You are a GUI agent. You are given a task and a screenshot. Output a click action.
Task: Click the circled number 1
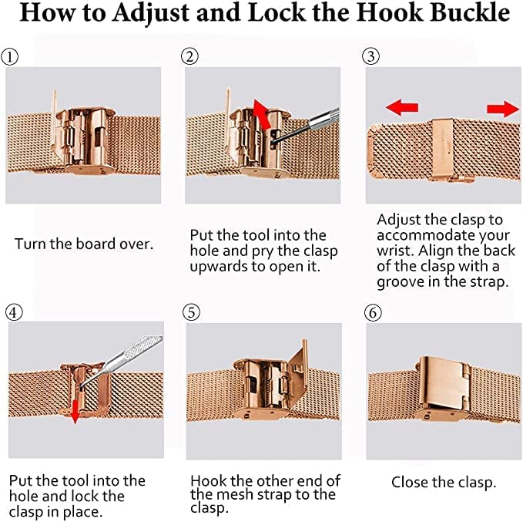(x=10, y=57)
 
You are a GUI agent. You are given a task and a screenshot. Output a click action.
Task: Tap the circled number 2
(x=189, y=56)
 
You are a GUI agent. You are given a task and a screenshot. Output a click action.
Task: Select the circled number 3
(x=371, y=56)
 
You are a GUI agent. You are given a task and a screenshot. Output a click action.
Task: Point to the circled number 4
(x=14, y=312)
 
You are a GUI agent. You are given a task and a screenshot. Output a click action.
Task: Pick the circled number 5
(x=192, y=312)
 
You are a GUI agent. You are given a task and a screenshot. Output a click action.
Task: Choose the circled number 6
(x=373, y=312)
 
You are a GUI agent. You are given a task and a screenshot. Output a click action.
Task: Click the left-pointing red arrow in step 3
(x=401, y=107)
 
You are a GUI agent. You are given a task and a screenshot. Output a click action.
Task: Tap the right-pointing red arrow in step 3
(x=503, y=109)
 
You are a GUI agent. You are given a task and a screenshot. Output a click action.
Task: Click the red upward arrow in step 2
(x=262, y=114)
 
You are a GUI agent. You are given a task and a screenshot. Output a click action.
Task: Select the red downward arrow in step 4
(x=75, y=411)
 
